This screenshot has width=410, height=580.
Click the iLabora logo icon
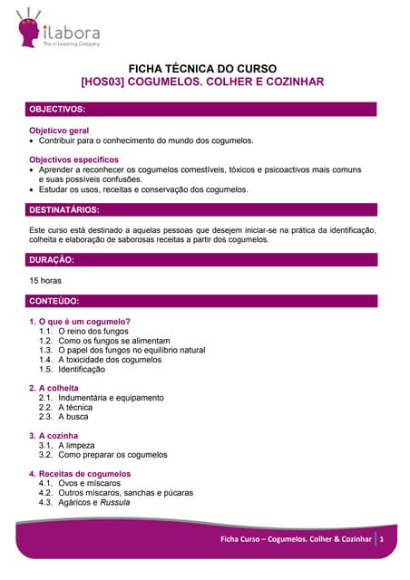(x=30, y=28)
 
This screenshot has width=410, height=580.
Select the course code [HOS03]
(x=102, y=82)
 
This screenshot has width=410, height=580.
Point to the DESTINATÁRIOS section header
(x=64, y=210)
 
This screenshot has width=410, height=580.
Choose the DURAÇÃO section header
(x=52, y=259)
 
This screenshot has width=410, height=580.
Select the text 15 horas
(x=45, y=281)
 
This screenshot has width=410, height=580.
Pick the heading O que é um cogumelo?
(x=84, y=322)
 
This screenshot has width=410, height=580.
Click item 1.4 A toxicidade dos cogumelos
(x=110, y=360)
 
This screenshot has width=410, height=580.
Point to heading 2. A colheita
(x=59, y=388)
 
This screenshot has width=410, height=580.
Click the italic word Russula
(x=115, y=503)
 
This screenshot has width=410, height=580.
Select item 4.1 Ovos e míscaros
(x=89, y=483)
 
